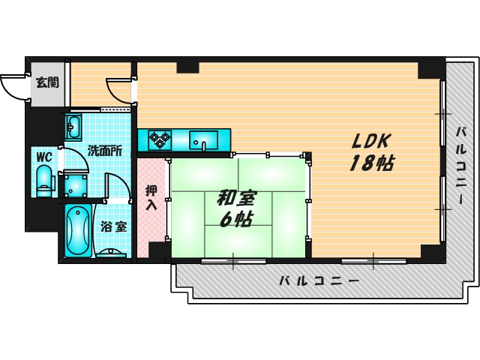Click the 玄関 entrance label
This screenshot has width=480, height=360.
coord(47,82)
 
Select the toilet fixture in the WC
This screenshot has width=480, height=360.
coord(43,180)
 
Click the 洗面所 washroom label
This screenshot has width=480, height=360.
coord(104,150)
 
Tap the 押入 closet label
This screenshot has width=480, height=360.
coord(151,196)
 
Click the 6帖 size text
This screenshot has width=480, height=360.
coord(235,219)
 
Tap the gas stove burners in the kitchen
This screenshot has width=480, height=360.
coord(159,138)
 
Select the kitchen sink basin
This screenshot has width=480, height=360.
coord(203,139)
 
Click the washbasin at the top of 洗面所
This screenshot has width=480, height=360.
coord(74,127)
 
